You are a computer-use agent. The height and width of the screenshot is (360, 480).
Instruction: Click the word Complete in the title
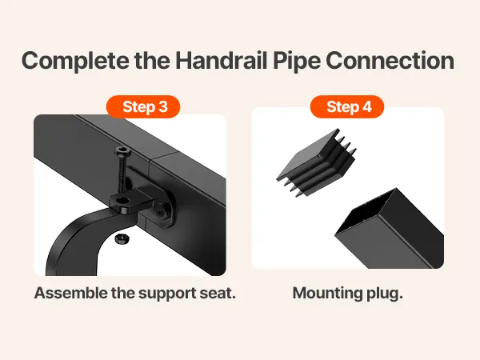[x=75, y=61]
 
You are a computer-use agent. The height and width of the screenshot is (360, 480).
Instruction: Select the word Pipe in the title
[x=297, y=62]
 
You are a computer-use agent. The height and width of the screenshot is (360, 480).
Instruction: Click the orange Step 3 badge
[x=143, y=106]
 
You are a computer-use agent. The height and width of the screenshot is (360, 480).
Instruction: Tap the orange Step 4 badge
[x=347, y=106]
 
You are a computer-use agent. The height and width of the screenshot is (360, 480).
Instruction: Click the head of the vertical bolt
[x=122, y=151]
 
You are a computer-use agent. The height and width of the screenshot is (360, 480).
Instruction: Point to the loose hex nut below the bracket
[x=122, y=238]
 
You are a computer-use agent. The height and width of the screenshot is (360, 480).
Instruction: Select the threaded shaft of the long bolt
[x=124, y=176]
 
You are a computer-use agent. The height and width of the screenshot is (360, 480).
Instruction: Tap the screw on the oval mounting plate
[x=161, y=211]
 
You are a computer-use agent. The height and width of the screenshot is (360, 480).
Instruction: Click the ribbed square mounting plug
[x=317, y=163]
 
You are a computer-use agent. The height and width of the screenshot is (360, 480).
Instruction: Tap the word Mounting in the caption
[x=327, y=294]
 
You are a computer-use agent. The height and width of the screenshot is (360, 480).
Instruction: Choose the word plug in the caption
[x=385, y=294]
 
